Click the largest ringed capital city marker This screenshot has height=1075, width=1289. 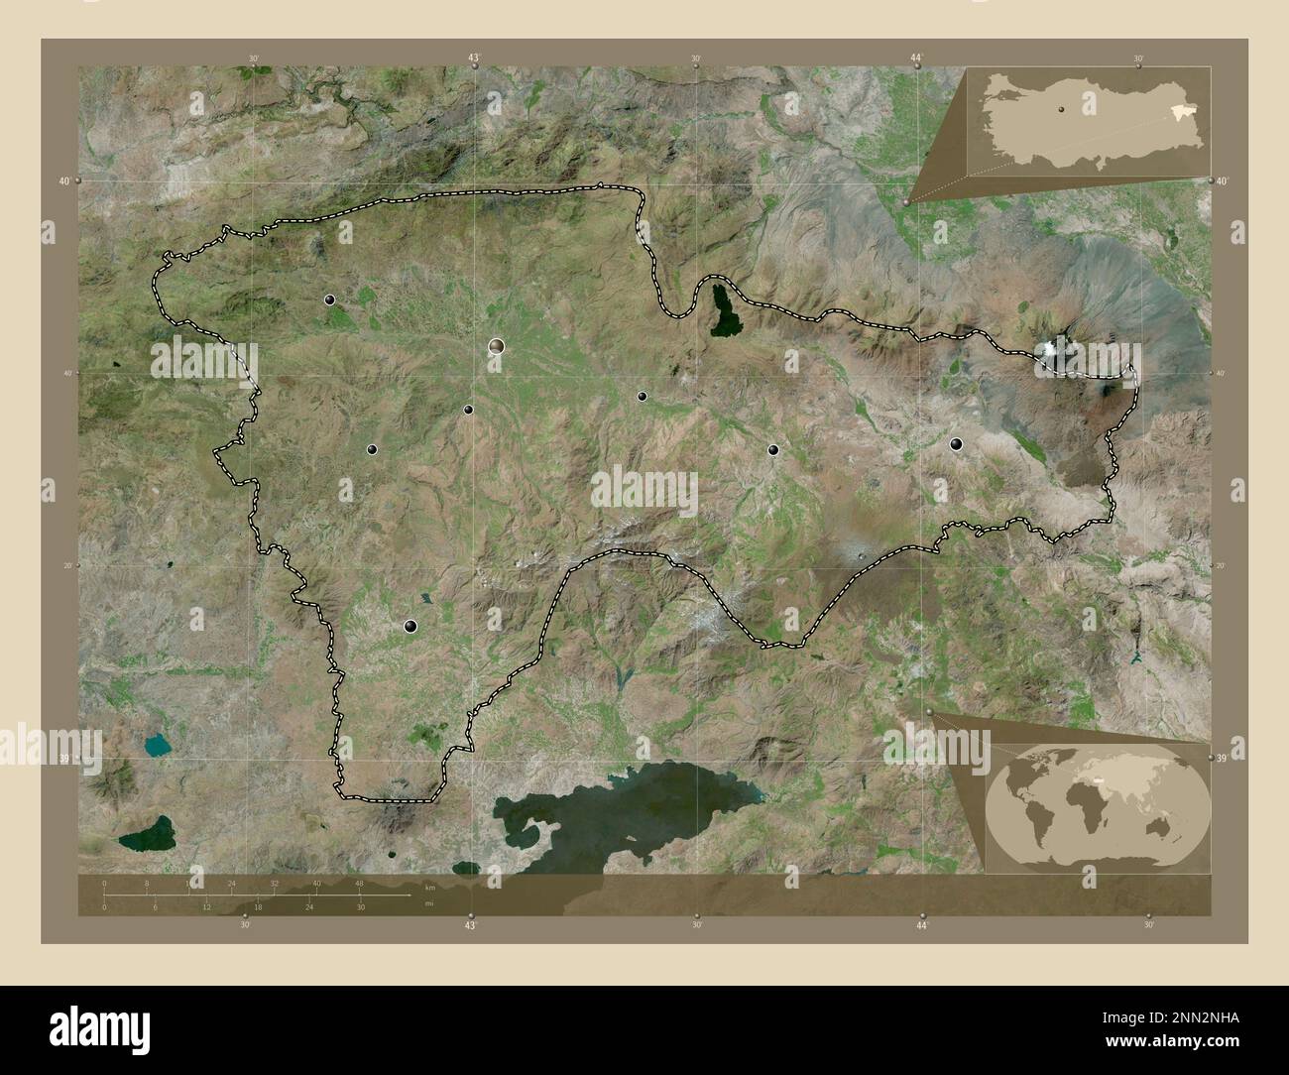pyautogui.click(x=496, y=346)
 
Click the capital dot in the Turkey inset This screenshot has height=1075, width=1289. pyautogui.click(x=1061, y=108)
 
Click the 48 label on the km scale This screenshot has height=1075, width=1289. pyautogui.click(x=359, y=883)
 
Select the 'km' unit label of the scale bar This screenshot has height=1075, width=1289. pyautogui.click(x=430, y=887)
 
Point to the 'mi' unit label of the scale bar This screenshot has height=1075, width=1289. pyautogui.click(x=428, y=903)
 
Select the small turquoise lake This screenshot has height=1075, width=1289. pyautogui.click(x=157, y=742)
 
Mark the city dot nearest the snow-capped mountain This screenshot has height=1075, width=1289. pyautogui.click(x=956, y=444)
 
